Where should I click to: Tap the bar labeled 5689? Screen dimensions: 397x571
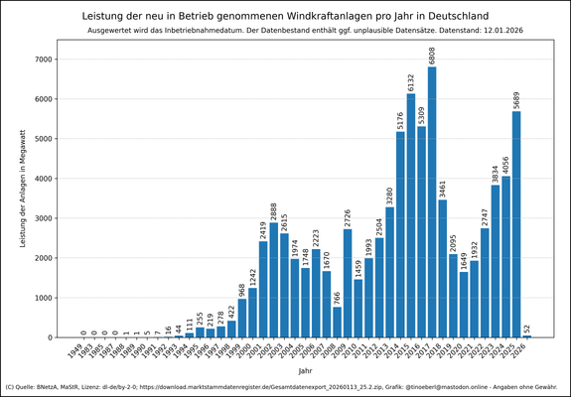click(516, 224)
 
